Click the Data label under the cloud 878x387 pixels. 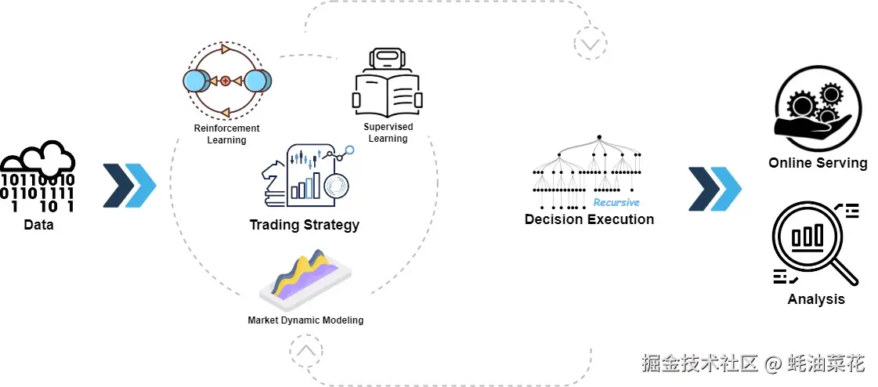pyautogui.click(x=38, y=225)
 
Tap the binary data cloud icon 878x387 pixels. pyautogui.click(x=38, y=178)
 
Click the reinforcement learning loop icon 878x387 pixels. pyautogui.click(x=226, y=80)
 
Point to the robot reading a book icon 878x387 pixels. pyautogui.click(x=387, y=83)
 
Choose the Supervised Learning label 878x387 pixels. pyautogui.click(x=388, y=132)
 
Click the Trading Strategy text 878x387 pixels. pyautogui.click(x=304, y=225)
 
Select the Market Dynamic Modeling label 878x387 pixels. pyautogui.click(x=305, y=320)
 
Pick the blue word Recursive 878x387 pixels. pyautogui.click(x=616, y=202)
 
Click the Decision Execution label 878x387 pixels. pyautogui.click(x=589, y=219)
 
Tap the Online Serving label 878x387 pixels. pyautogui.click(x=818, y=163)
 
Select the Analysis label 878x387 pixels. pyautogui.click(x=816, y=299)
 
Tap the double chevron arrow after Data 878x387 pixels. pyautogui.click(x=129, y=186)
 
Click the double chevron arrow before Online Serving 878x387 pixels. pyautogui.click(x=714, y=189)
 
